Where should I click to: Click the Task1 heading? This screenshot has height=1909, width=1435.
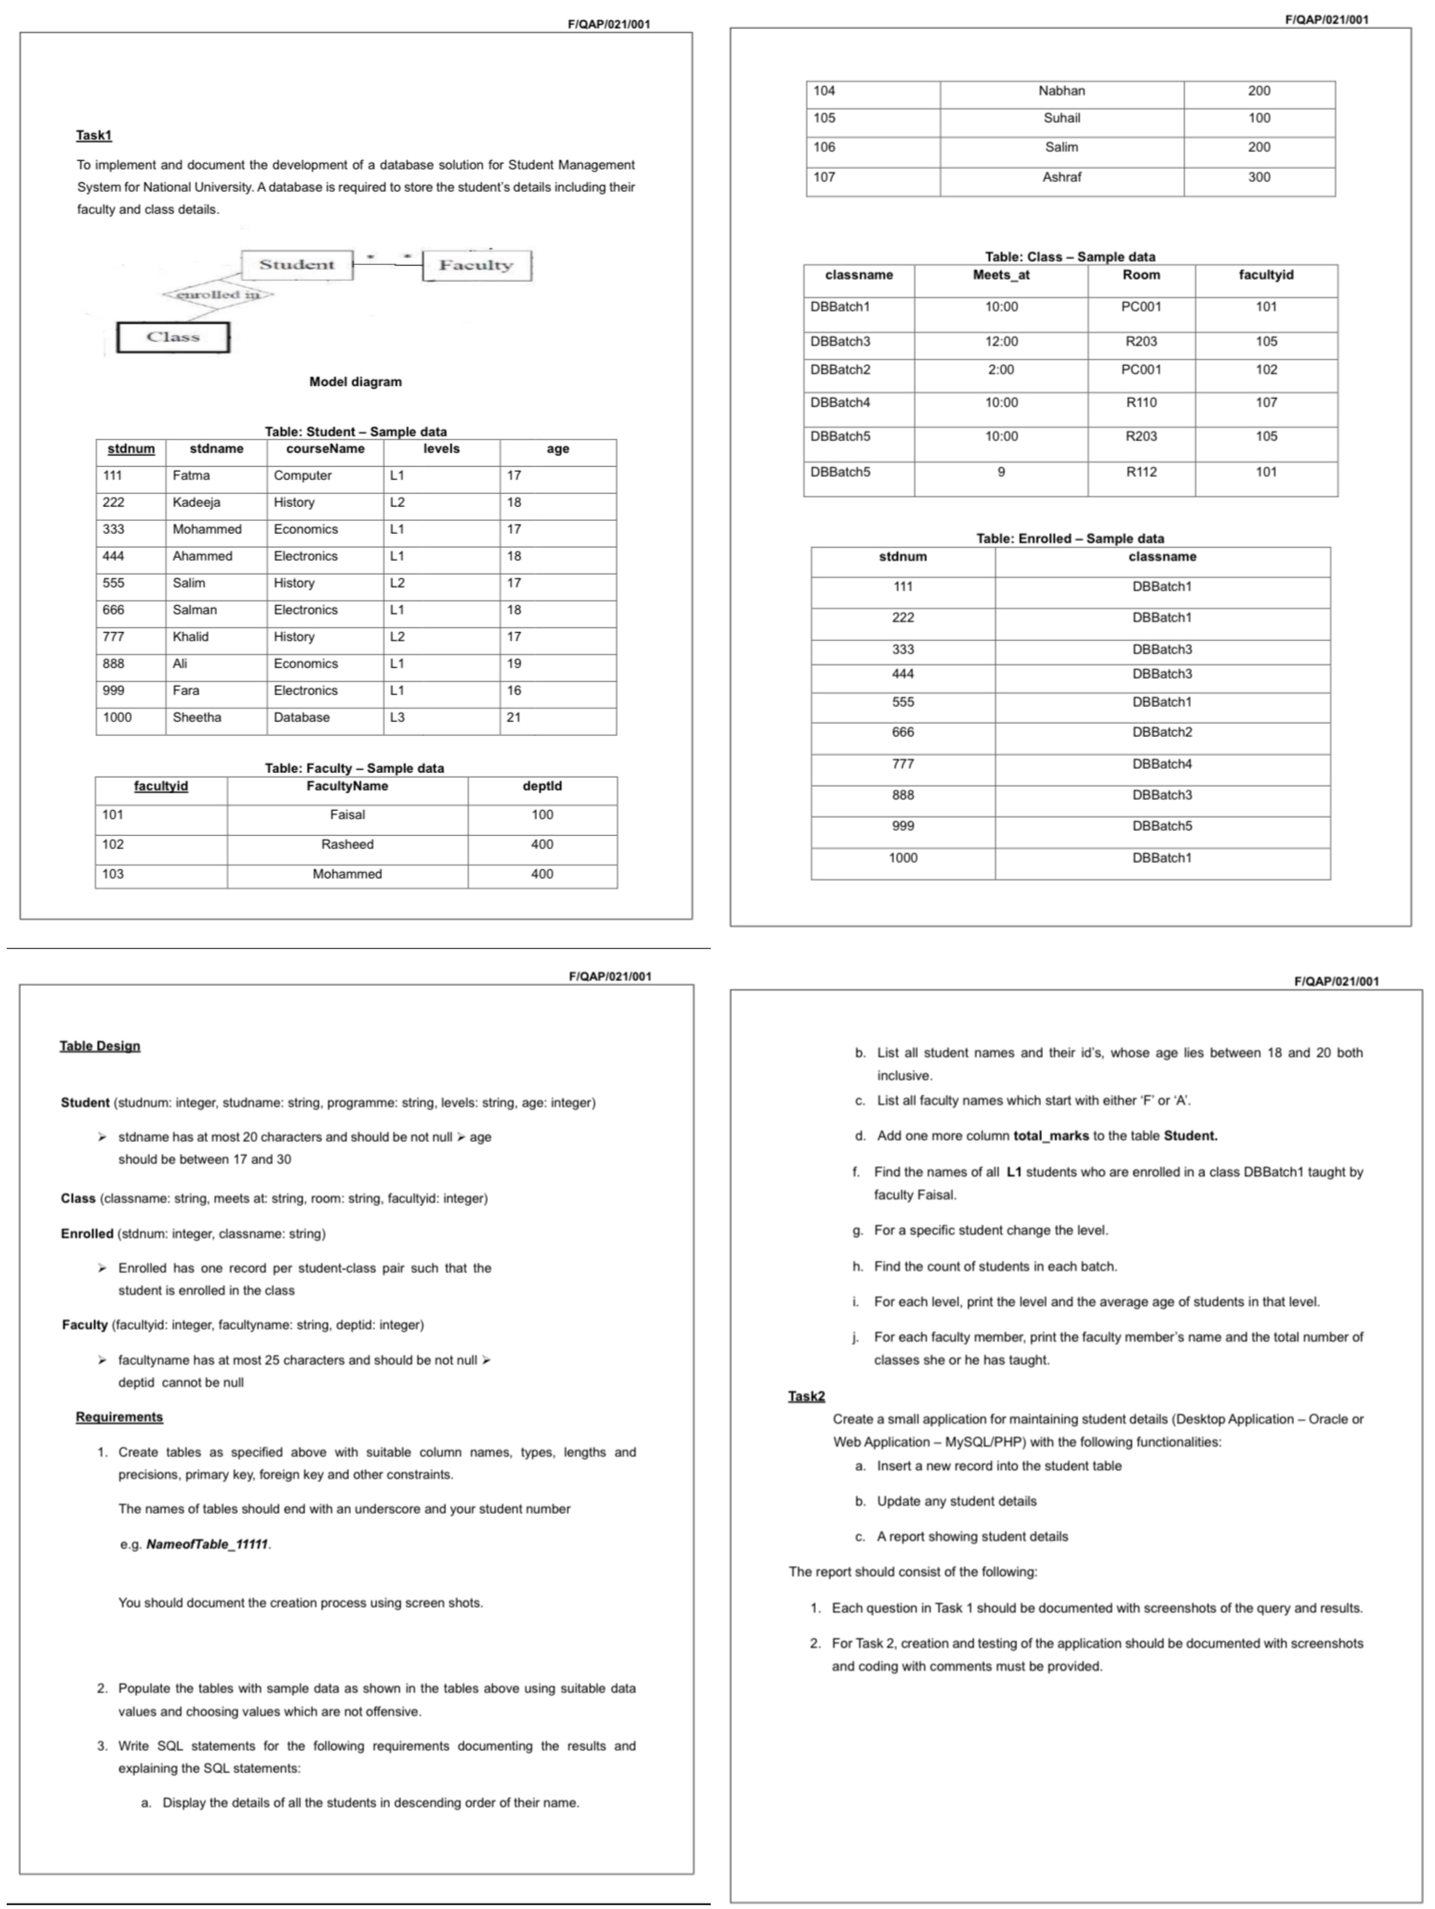click(93, 136)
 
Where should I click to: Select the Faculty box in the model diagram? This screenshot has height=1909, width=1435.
click(476, 265)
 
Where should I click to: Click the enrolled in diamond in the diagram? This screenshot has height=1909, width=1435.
click(218, 294)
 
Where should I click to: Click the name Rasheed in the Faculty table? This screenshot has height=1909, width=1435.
click(347, 844)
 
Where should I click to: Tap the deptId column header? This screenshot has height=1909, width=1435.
click(542, 786)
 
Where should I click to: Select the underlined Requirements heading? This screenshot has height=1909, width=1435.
click(119, 1417)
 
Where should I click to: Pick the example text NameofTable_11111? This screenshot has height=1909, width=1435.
click(207, 1544)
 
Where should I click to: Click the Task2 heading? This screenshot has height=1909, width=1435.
click(806, 1396)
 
